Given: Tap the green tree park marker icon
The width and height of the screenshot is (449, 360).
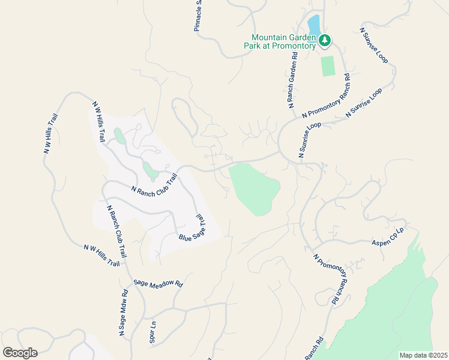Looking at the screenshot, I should tap(325, 41).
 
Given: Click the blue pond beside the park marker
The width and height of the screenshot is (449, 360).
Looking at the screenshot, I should tap(313, 25).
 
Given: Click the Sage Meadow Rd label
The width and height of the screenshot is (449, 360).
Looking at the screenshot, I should tap(158, 283).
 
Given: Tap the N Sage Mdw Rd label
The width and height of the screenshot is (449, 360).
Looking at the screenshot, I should tap(123, 313).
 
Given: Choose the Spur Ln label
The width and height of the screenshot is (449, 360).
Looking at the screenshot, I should tap(152, 333).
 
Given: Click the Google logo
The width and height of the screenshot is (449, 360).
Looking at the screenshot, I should tap(19, 352).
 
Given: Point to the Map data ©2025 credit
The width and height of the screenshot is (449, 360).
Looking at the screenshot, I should tap(423, 355).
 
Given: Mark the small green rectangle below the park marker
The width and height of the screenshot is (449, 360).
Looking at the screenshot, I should tap(328, 66).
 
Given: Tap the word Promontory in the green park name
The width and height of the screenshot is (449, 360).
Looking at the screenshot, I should tap(294, 46).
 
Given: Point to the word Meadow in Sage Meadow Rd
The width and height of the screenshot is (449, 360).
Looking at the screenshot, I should tap(158, 283).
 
